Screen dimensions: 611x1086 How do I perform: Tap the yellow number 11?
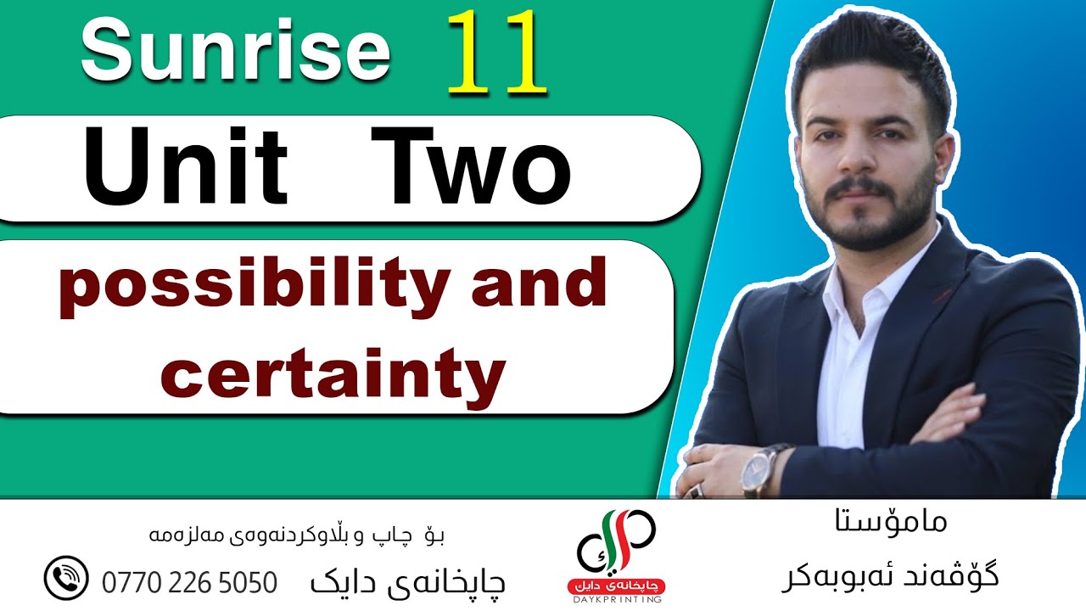[495, 53]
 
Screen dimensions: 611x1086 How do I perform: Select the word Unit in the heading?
[186, 166]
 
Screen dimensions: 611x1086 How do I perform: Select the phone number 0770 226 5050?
[189, 583]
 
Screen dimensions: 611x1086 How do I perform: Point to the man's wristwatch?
[758, 470]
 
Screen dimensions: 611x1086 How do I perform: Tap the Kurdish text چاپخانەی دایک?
[408, 582]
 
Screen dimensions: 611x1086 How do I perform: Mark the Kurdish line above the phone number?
[297, 535]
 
